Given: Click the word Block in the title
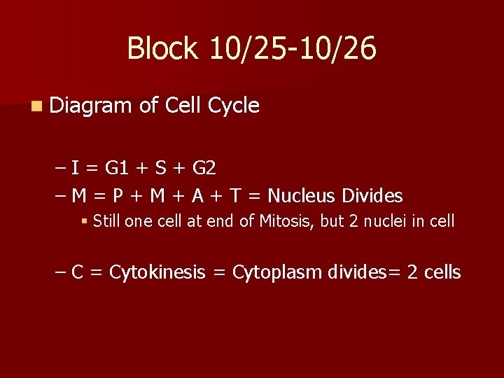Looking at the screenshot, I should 162,49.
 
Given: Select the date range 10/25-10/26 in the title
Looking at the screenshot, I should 292,49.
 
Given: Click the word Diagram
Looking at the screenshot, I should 90,106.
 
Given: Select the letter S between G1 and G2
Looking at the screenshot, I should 161,168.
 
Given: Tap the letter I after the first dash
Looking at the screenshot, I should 73,168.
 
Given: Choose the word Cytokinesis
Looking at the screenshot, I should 157,272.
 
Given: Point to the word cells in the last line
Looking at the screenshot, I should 441,272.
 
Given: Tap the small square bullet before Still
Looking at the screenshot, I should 84,222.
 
